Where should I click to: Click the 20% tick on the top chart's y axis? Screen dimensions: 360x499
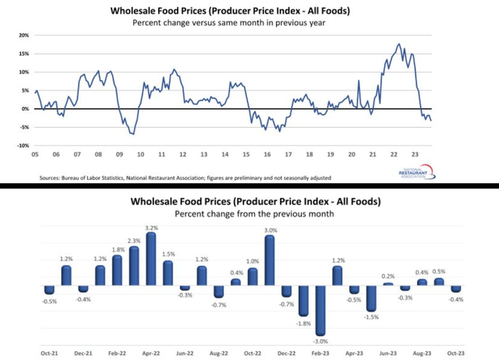click(23, 35)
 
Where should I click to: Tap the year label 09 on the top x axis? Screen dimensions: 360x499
click(119, 154)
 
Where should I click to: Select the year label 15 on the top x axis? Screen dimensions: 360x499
click(245, 154)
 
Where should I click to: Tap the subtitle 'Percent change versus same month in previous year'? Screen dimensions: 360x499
click(251, 23)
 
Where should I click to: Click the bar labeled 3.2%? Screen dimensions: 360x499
click(151, 261)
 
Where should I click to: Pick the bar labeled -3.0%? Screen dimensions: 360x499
click(320, 309)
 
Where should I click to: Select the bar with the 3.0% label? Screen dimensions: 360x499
click(270, 261)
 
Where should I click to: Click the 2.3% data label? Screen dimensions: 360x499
click(134, 240)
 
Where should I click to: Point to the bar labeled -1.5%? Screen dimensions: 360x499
click(371, 298)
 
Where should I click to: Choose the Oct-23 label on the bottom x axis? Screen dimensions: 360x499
click(455, 351)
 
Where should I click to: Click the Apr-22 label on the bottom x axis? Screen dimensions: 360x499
click(151, 351)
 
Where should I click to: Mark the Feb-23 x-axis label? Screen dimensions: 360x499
click(320, 351)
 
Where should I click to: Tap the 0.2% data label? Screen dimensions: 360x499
click(388, 276)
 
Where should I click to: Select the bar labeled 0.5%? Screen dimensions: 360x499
click(439, 282)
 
